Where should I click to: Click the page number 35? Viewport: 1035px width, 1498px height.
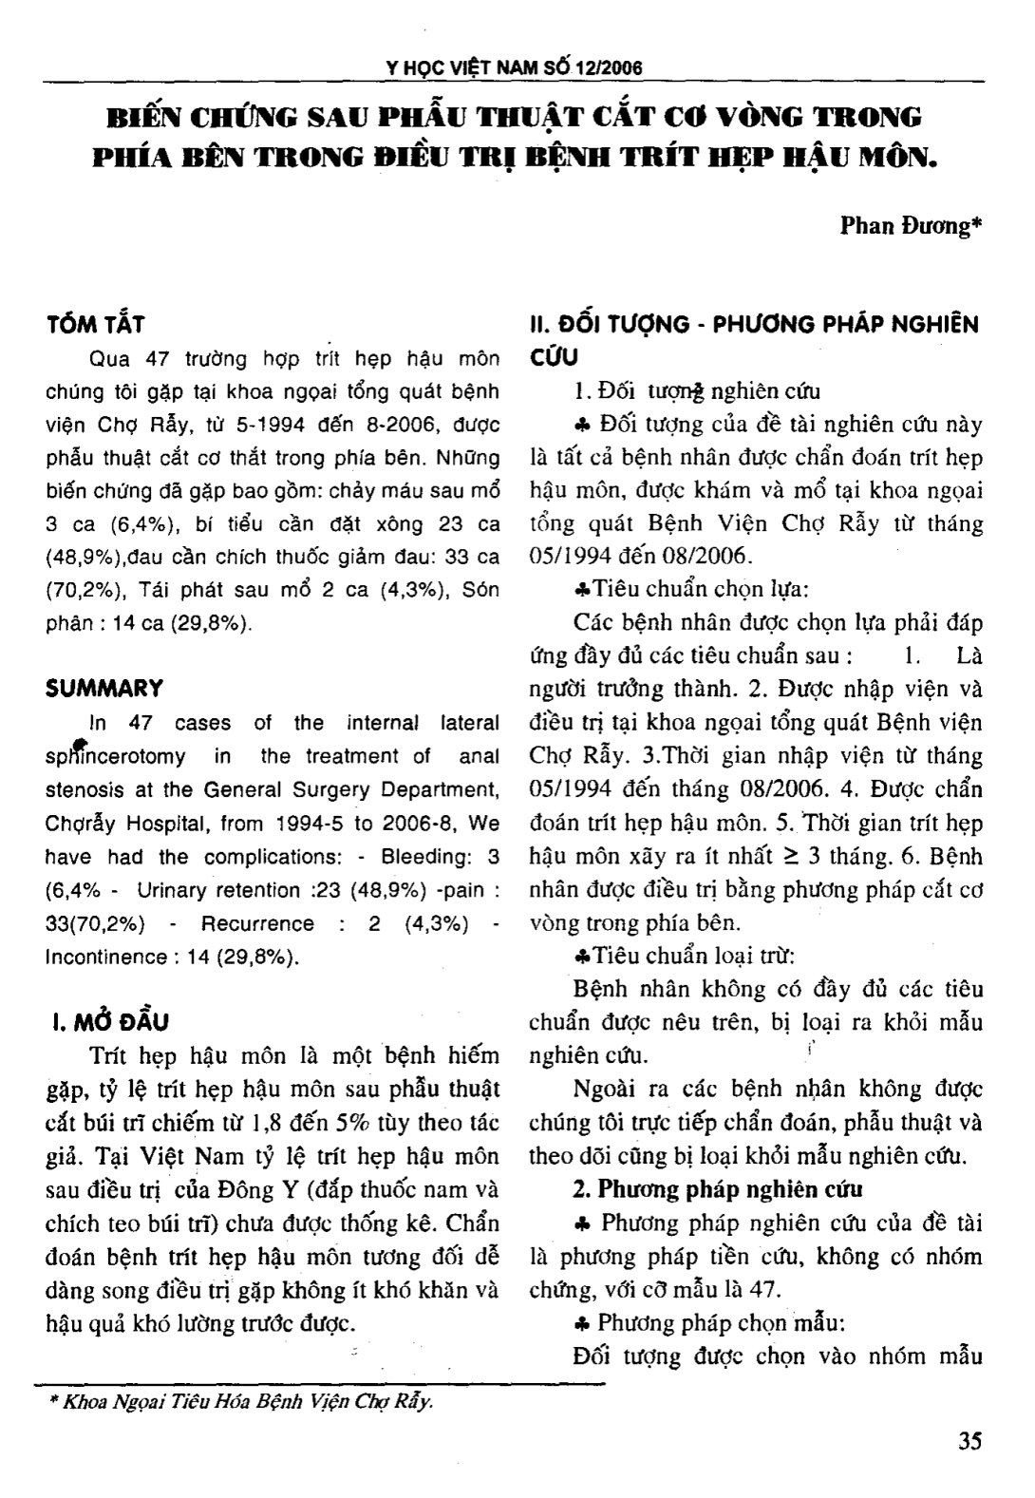[969, 1440]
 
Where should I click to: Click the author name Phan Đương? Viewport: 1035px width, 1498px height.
[911, 227]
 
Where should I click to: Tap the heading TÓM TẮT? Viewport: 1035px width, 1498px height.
[95, 325]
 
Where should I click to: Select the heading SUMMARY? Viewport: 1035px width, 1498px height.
[104, 688]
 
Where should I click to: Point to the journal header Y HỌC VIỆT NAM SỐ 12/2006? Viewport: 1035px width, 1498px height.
[516, 68]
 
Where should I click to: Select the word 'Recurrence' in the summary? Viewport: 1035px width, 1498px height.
[257, 923]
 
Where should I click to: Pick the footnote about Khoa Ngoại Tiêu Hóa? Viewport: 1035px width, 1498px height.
[241, 1402]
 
